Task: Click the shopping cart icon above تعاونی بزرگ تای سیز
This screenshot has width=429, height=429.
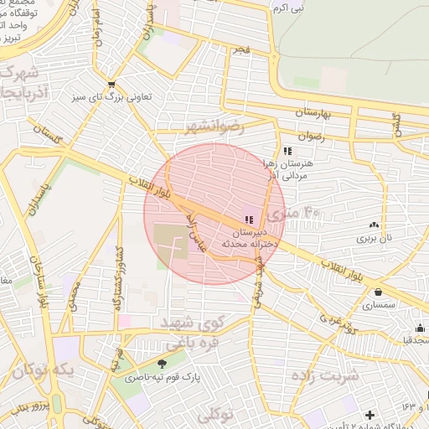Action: (111, 85)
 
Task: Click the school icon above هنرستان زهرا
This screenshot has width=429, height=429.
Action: (287, 151)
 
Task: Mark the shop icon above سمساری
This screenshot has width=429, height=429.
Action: (381, 292)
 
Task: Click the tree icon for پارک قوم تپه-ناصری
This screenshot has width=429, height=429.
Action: (162, 364)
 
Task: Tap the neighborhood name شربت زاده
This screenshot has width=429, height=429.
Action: (324, 375)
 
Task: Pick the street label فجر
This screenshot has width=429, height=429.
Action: (241, 50)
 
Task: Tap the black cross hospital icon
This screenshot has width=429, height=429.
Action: (370, 415)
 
